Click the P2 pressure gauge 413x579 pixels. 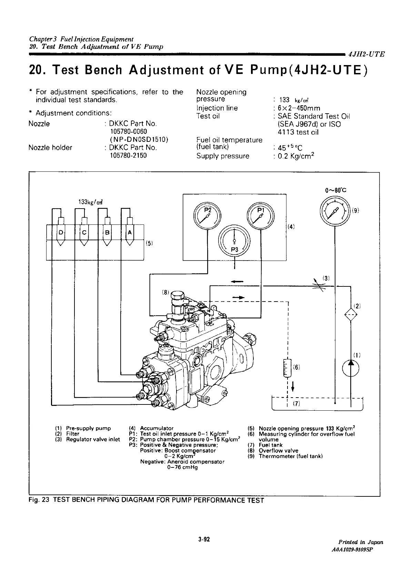pyautogui.click(x=207, y=216)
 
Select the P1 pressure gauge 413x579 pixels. pyautogui.click(x=260, y=216)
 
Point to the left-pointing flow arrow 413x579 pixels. pyautogui.click(x=236, y=281)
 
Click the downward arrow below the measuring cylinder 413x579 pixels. pyautogui.click(x=293, y=387)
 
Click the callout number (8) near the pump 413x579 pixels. pyautogui.click(x=165, y=293)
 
